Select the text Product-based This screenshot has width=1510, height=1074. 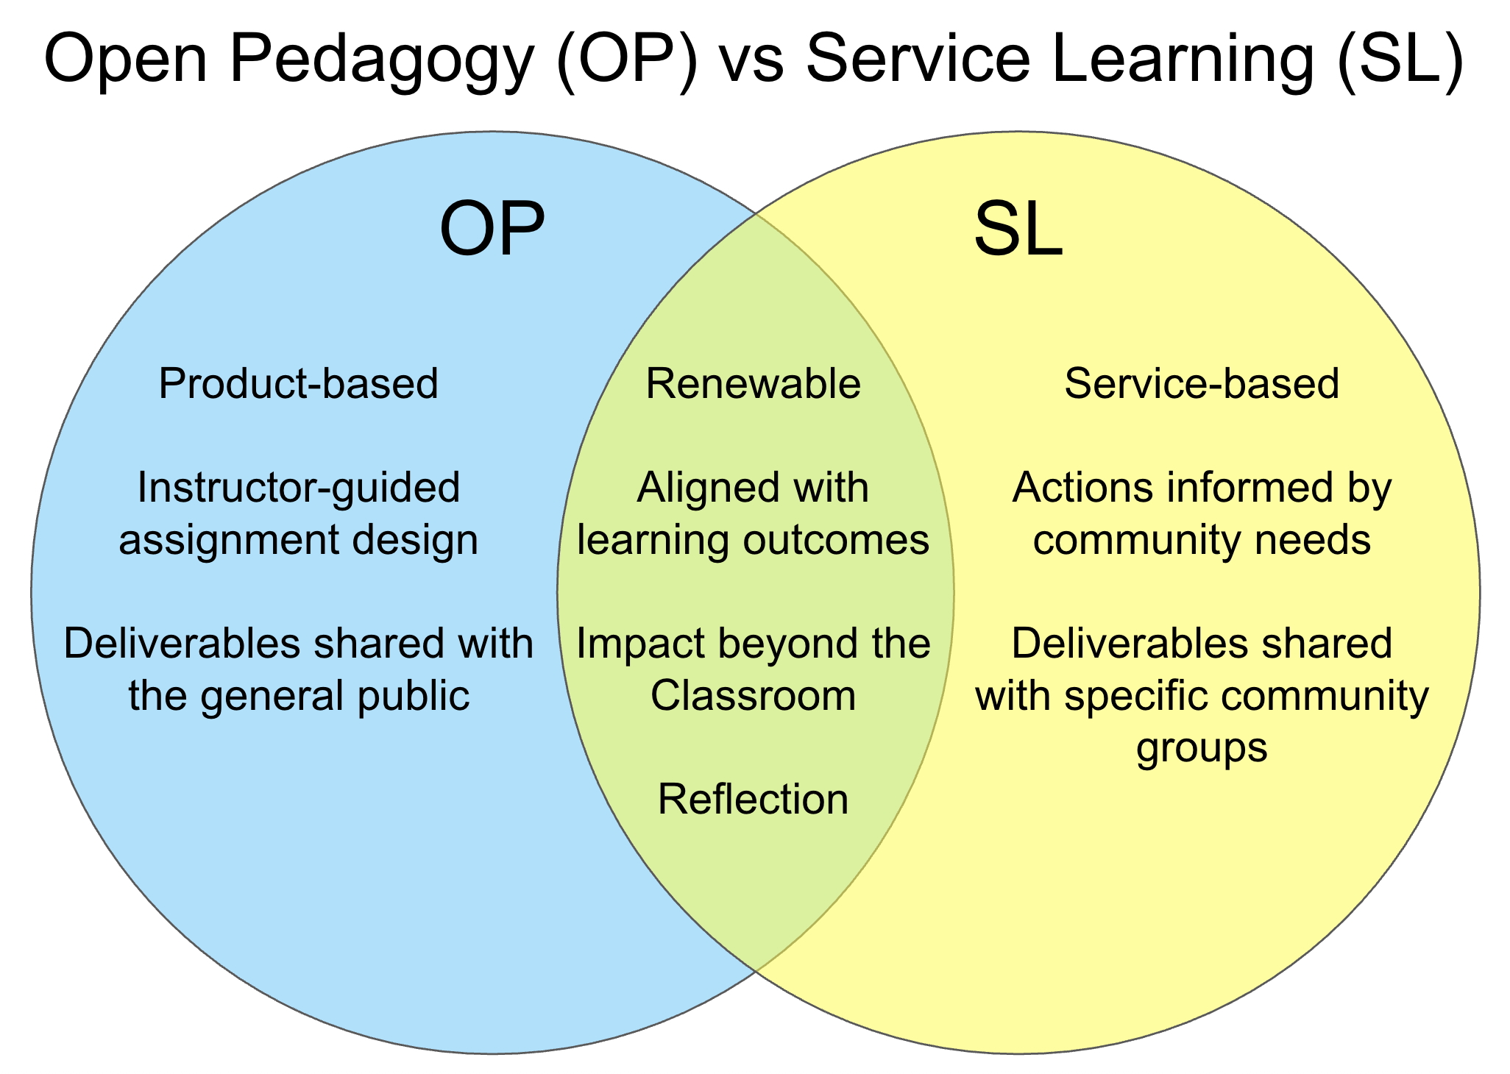click(298, 384)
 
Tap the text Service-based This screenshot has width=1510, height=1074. click(1202, 384)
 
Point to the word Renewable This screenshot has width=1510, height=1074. click(753, 384)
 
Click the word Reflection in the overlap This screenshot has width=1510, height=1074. click(753, 799)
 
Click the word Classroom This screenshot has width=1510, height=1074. click(753, 695)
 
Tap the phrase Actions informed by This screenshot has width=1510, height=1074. click(1202, 488)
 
